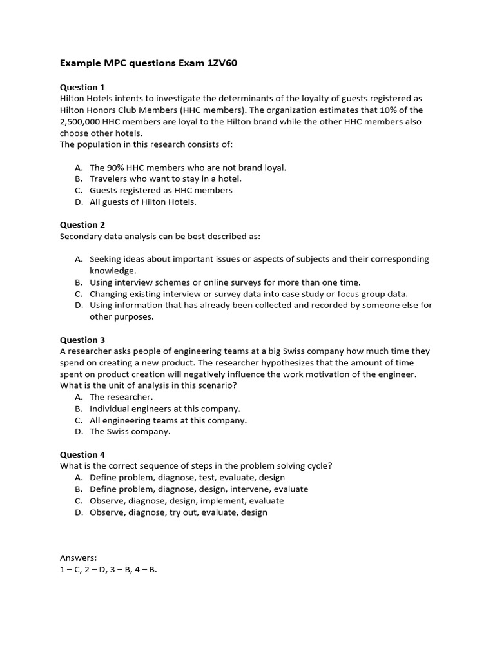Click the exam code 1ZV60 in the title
pyautogui.click(x=219, y=63)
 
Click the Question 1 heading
pyautogui.click(x=82, y=87)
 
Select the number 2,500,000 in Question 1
pyautogui.click(x=82, y=121)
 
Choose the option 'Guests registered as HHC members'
pyautogui.click(x=161, y=190)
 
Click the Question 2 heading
pyautogui.click(x=82, y=225)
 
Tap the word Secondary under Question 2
pyautogui.click(x=82, y=237)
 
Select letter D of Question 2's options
pyautogui.click(x=78, y=306)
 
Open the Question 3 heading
pyautogui.click(x=82, y=340)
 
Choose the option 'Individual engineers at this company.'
pyautogui.click(x=164, y=409)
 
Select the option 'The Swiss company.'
pyautogui.click(x=130, y=432)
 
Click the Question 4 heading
pyautogui.click(x=82, y=454)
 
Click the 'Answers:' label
pyautogui.click(x=78, y=558)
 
